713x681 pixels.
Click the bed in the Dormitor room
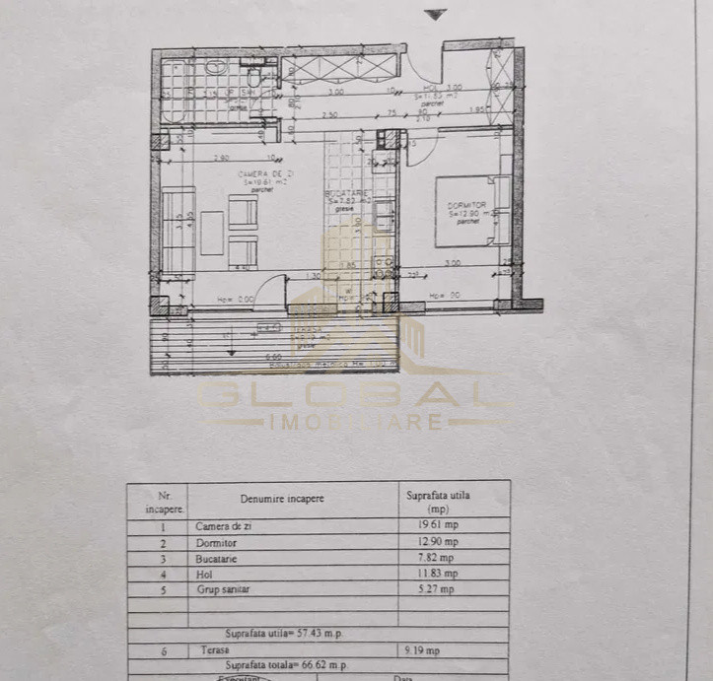465,211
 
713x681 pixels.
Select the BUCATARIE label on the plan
348,195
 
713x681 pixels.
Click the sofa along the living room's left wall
178,233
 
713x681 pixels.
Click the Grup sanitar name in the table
223,589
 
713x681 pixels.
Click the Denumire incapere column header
281,499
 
